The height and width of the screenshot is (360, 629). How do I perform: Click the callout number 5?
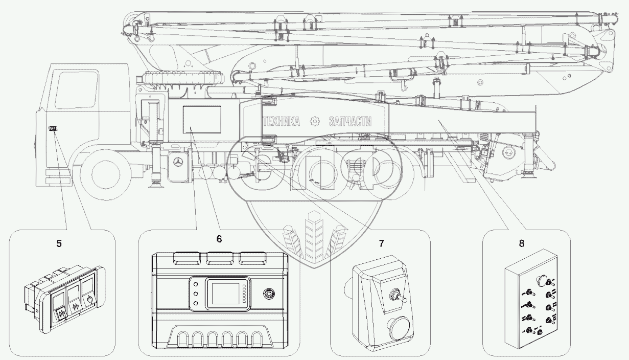point(59,243)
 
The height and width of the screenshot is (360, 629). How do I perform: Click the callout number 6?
point(219,239)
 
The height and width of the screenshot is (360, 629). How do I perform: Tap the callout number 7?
point(381,243)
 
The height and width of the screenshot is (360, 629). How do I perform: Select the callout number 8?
point(522,243)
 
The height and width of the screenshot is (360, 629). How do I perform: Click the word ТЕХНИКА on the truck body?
point(282,122)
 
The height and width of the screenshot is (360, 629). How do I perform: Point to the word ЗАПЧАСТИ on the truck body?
point(350,122)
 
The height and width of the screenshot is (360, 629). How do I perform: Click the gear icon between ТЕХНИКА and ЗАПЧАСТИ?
point(315,121)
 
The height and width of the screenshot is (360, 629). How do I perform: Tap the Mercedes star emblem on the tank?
point(177,163)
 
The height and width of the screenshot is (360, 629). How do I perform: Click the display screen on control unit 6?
point(225,294)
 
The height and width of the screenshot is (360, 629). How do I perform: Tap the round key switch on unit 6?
point(269,294)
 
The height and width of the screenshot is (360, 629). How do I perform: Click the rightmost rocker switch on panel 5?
point(89,290)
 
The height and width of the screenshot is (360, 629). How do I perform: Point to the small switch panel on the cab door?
point(53,129)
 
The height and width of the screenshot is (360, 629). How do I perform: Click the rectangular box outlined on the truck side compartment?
point(202,120)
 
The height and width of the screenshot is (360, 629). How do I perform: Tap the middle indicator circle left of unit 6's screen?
point(196,294)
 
